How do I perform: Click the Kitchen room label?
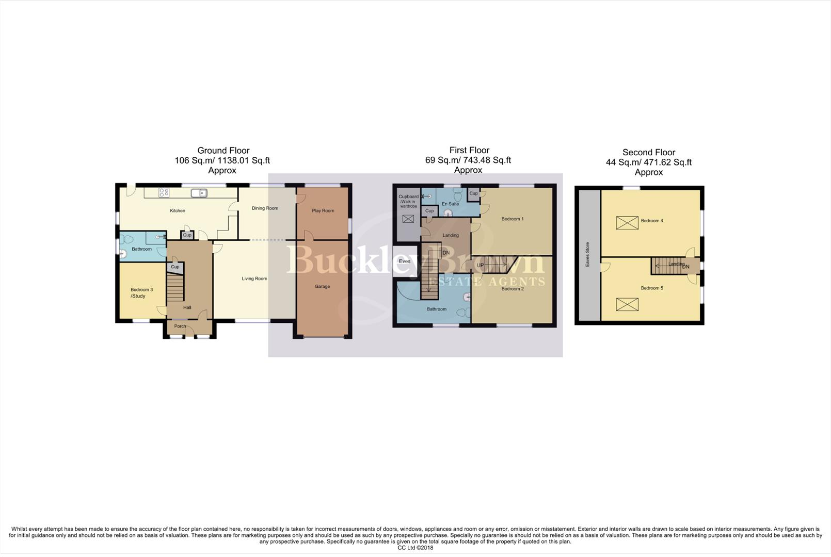(178, 210)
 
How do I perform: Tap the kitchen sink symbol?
(199, 193)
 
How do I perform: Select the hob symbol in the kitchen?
(164, 192)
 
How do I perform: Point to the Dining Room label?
(265, 208)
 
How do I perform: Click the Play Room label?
(323, 210)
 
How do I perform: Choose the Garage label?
(323, 286)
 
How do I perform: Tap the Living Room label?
(254, 278)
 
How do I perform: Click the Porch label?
(180, 326)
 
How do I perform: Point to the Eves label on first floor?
(405, 261)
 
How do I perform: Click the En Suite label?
(450, 204)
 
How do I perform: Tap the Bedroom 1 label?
(513, 219)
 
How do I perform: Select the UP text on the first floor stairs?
(480, 265)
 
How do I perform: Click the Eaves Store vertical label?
(587, 254)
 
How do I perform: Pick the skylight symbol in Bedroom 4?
(627, 223)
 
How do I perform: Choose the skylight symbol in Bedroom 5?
(627, 304)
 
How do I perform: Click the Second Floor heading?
(649, 152)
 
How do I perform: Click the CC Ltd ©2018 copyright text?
(415, 548)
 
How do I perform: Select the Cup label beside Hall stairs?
(175, 267)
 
